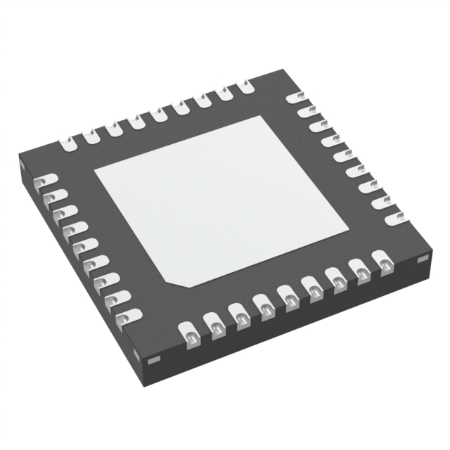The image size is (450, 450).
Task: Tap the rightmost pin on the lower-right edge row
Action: pos(385,265)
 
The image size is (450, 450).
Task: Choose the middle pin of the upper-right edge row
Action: pos(344,156)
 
